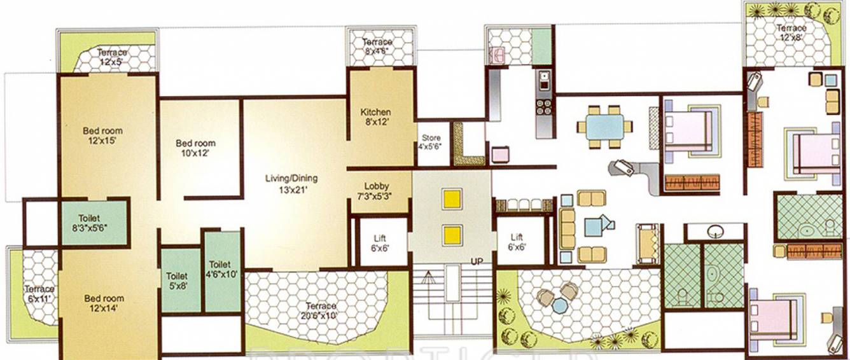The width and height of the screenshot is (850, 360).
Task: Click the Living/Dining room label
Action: point(291,183)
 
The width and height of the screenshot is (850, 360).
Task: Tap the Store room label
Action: point(430,142)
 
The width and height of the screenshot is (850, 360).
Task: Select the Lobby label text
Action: point(377,191)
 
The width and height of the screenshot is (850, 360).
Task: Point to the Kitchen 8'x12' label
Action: point(375,116)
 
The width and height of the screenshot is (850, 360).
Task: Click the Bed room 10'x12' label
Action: point(195,148)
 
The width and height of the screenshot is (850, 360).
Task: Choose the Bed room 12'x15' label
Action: point(102,136)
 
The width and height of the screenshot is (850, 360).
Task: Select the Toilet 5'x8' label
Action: point(176,281)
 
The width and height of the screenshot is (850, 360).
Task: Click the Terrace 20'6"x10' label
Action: point(321,310)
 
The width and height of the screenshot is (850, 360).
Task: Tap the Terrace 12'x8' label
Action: point(791,33)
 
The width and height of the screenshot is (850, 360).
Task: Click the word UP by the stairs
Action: point(478,261)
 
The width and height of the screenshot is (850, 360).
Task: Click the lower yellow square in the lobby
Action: point(452,235)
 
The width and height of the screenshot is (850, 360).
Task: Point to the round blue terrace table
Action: point(559,306)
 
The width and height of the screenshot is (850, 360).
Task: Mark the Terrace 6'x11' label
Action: point(39,293)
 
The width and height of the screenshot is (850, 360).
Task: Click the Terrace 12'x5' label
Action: point(112,57)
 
